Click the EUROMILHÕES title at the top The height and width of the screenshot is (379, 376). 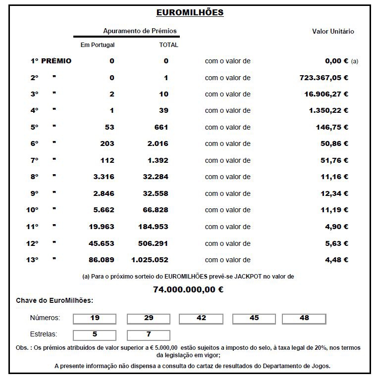point(190,12)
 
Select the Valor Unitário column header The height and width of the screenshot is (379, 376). point(333,31)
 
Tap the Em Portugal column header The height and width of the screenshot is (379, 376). point(98,45)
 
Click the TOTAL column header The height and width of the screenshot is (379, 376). point(168,45)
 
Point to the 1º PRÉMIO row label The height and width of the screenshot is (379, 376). point(51,61)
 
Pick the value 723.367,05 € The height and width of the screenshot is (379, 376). point(324,78)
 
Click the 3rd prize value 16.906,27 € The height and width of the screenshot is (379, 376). point(326,94)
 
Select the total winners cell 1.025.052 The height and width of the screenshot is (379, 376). point(150,260)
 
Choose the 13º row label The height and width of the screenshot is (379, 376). point(33,260)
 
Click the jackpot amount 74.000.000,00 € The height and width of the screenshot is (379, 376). point(188,289)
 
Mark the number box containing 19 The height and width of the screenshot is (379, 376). point(95,318)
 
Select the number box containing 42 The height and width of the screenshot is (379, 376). point(201,318)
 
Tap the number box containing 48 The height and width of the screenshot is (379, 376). point(304,318)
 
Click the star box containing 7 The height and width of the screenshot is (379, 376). point(149,334)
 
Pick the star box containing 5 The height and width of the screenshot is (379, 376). point(95,334)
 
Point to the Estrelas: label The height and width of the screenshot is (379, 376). point(44,334)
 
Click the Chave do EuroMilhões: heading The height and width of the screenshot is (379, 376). point(54,300)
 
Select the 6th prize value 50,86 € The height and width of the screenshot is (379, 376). point(332,143)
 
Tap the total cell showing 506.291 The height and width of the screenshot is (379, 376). point(154,243)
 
